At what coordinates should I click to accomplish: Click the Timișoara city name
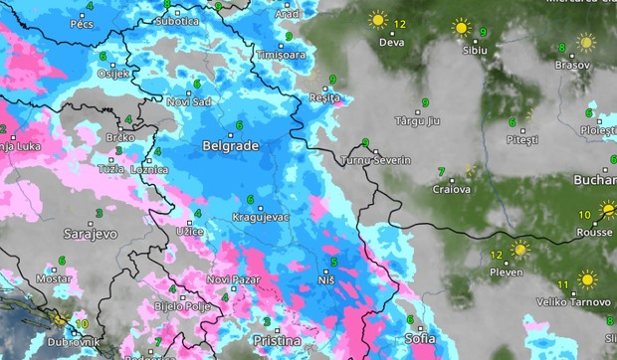(x=281, y=55)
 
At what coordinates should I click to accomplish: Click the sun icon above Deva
(x=377, y=19)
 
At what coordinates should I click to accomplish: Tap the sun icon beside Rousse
(x=607, y=212)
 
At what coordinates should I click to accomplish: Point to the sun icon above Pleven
(x=518, y=249)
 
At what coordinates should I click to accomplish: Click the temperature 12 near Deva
(x=400, y=23)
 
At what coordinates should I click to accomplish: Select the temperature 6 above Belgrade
(x=239, y=124)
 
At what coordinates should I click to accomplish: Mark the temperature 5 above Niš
(x=333, y=263)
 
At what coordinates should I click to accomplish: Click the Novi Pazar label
(x=233, y=279)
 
